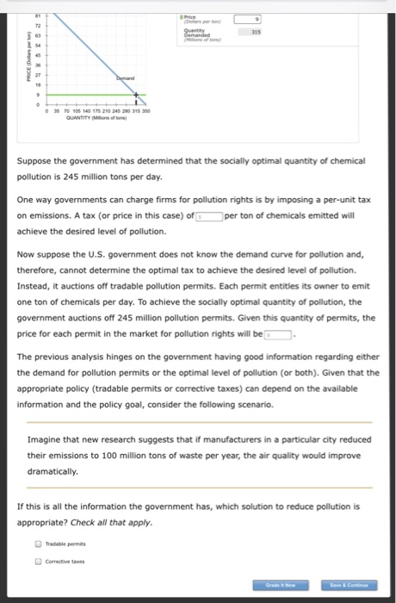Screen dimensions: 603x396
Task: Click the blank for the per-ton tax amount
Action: click(x=208, y=216)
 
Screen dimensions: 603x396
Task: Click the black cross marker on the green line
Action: click(x=135, y=94)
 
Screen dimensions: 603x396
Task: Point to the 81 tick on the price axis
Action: click(x=39, y=15)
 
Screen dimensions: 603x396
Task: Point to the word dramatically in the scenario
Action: click(x=53, y=471)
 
